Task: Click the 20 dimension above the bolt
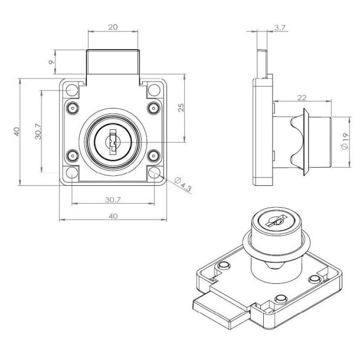click(x=113, y=27)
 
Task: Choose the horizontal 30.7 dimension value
click(x=113, y=200)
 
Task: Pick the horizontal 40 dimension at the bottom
click(x=113, y=216)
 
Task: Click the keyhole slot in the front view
click(x=112, y=142)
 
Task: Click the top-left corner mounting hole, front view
click(x=71, y=90)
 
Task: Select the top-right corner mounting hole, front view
click(x=155, y=90)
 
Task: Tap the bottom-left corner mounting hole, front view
click(x=71, y=173)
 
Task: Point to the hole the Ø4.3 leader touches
click(x=155, y=173)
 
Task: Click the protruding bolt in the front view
click(x=113, y=64)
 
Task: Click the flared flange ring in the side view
click(x=305, y=142)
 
